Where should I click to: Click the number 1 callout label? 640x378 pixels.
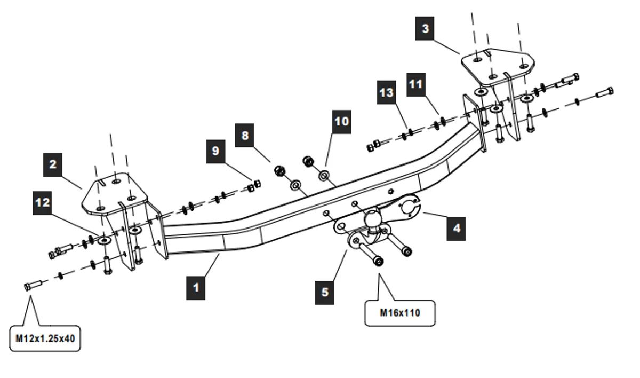pyautogui.click(x=196, y=287)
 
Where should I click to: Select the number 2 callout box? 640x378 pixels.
pyautogui.click(x=53, y=164)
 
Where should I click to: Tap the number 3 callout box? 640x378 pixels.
pyautogui.click(x=425, y=28)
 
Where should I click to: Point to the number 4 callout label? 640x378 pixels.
pyautogui.click(x=456, y=228)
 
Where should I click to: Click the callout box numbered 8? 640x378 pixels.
pyautogui.click(x=245, y=136)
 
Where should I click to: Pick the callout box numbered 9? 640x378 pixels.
pyautogui.click(x=215, y=151)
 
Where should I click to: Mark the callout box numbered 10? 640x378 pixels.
pyautogui.click(x=341, y=121)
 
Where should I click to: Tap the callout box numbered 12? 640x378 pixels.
pyautogui.click(x=42, y=203)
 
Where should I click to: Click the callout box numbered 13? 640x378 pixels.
pyautogui.click(x=387, y=92)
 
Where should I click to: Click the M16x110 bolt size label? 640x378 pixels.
pyautogui.click(x=399, y=313)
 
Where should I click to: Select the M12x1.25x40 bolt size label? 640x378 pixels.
pyautogui.click(x=45, y=338)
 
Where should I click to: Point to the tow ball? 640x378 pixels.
pyautogui.click(x=372, y=218)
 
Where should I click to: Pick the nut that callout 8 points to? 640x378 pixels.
pyautogui.click(x=279, y=171)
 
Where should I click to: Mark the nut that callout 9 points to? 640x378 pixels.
pyautogui.click(x=254, y=185)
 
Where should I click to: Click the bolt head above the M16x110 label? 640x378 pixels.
pyautogui.click(x=378, y=262)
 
